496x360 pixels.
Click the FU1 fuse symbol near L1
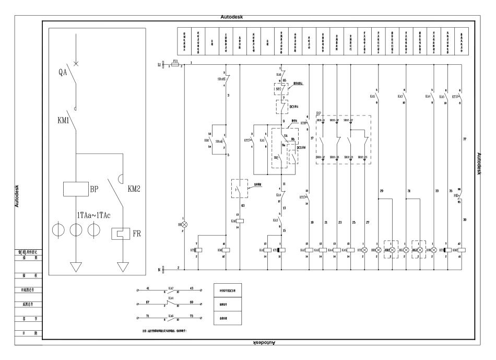click(175, 64)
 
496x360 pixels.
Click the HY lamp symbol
click(365, 250)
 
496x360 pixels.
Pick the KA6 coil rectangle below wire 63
click(240, 220)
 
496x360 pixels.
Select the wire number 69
click(192, 303)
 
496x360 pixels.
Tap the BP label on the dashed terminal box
click(318, 113)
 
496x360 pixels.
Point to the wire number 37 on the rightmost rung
click(464, 139)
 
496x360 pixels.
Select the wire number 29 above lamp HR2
click(382, 192)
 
